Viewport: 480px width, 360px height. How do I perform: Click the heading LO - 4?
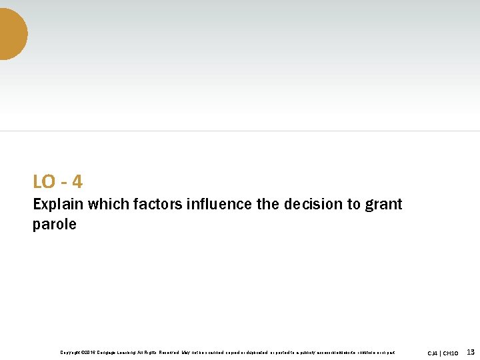pyautogui.click(x=57, y=181)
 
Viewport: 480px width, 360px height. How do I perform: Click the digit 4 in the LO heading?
pyautogui.click(x=77, y=181)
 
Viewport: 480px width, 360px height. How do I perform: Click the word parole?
pyautogui.click(x=55, y=225)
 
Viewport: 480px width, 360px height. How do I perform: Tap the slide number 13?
pyautogui.click(x=471, y=351)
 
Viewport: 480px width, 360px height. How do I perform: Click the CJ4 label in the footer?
pyautogui.click(x=433, y=353)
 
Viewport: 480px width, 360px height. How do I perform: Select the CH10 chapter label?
pyautogui.click(x=451, y=353)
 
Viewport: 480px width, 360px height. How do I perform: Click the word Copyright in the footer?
pyautogui.click(x=71, y=352)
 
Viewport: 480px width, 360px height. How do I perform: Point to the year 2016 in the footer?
pyautogui.click(x=89, y=352)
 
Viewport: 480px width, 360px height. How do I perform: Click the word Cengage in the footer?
pyautogui.click(x=109, y=352)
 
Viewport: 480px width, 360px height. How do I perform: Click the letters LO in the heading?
pyautogui.click(x=44, y=181)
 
